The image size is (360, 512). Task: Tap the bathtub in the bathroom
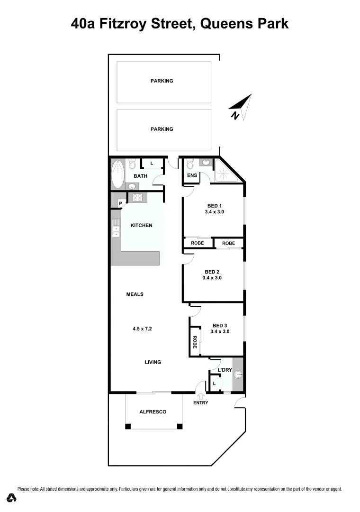coord(117,174)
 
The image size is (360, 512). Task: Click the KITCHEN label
coord(142,225)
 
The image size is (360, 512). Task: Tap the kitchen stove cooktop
coord(138,198)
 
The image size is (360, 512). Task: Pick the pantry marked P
coord(120,204)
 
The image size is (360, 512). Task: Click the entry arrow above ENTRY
coord(200,395)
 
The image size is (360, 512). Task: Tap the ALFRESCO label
coord(153,412)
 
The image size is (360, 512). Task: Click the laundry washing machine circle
coord(238,375)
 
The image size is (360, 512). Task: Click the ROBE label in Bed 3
coord(195,342)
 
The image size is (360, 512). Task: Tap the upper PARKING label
coord(162,81)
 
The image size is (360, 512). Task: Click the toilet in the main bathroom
coord(133,164)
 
